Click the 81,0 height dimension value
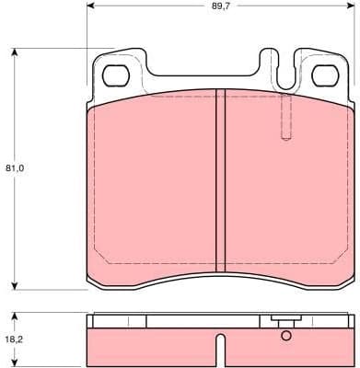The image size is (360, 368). coord(14,168)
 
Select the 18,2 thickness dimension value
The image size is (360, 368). coord(14,339)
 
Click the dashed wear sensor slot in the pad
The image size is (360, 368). coord(285,118)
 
